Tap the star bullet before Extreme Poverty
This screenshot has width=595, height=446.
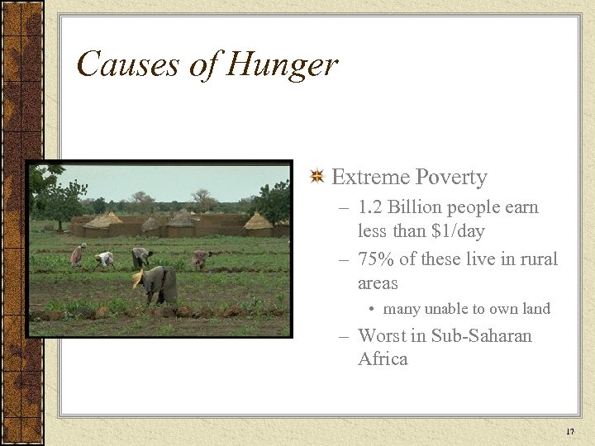click(316, 177)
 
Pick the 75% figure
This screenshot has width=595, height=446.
click(376, 259)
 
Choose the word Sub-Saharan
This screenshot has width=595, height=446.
click(482, 336)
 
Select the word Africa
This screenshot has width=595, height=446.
click(383, 359)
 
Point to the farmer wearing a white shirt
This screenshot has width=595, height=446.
click(105, 259)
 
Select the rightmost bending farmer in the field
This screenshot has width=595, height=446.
click(201, 259)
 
